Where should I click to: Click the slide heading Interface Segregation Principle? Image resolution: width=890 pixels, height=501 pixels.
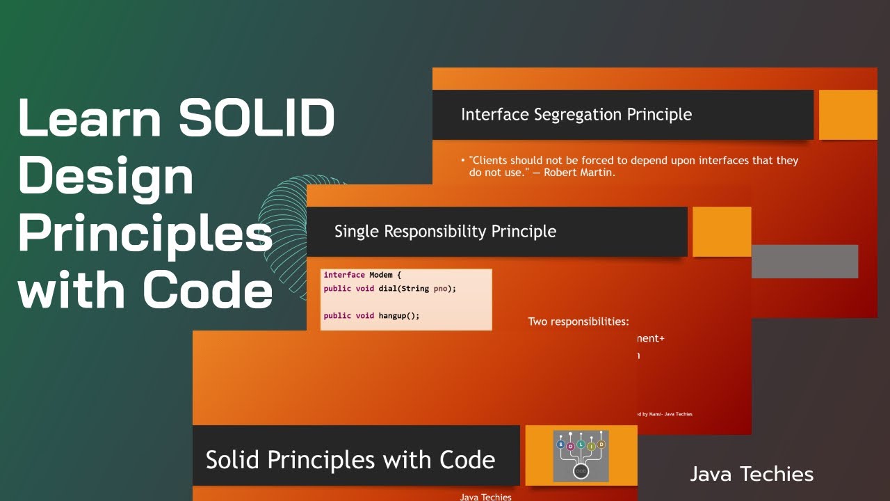(x=576, y=114)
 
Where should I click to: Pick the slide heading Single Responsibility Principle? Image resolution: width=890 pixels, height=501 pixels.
(x=445, y=231)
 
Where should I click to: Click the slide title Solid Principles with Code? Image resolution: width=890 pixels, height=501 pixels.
(x=350, y=459)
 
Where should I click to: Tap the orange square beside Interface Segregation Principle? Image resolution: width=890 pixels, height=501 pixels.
(x=848, y=115)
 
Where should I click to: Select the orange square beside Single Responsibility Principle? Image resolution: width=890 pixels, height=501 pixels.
(x=722, y=232)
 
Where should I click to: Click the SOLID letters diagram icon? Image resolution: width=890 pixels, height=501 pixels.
(x=581, y=456)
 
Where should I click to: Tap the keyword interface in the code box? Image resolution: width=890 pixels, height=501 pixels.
(x=344, y=275)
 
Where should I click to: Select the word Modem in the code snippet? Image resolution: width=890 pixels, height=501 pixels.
(x=382, y=275)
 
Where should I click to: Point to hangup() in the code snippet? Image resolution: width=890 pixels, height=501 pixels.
(x=399, y=315)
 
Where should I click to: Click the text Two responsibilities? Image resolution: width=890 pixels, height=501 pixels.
(x=578, y=321)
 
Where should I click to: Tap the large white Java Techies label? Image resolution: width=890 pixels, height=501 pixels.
(x=752, y=475)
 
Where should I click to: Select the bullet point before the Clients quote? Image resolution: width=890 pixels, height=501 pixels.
(x=463, y=161)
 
